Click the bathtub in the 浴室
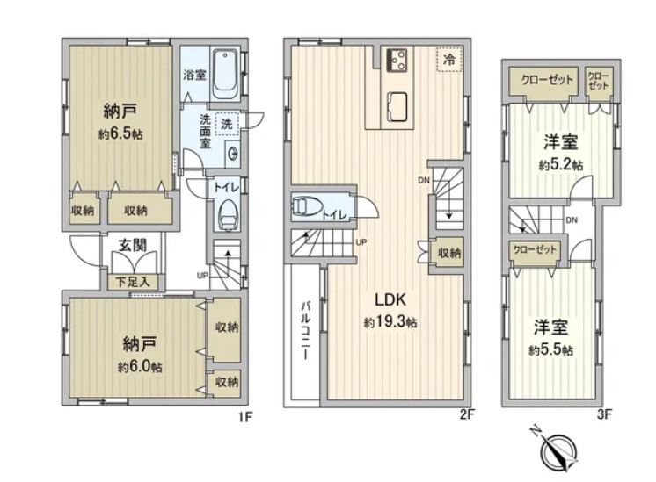[225, 74]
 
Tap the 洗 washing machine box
[227, 124]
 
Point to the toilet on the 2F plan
[308, 206]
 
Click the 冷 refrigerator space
[449, 60]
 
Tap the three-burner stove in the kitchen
[397, 61]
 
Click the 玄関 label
[133, 246]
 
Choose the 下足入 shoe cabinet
[133, 282]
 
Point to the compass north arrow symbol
[559, 450]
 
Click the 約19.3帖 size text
[390, 322]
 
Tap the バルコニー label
[306, 331]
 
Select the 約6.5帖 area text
[120, 134]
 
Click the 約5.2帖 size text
[561, 165]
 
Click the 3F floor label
[604, 414]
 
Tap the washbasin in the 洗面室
[233, 154]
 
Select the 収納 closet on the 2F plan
[449, 253]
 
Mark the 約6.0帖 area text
[140, 367]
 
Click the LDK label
[390, 299]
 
